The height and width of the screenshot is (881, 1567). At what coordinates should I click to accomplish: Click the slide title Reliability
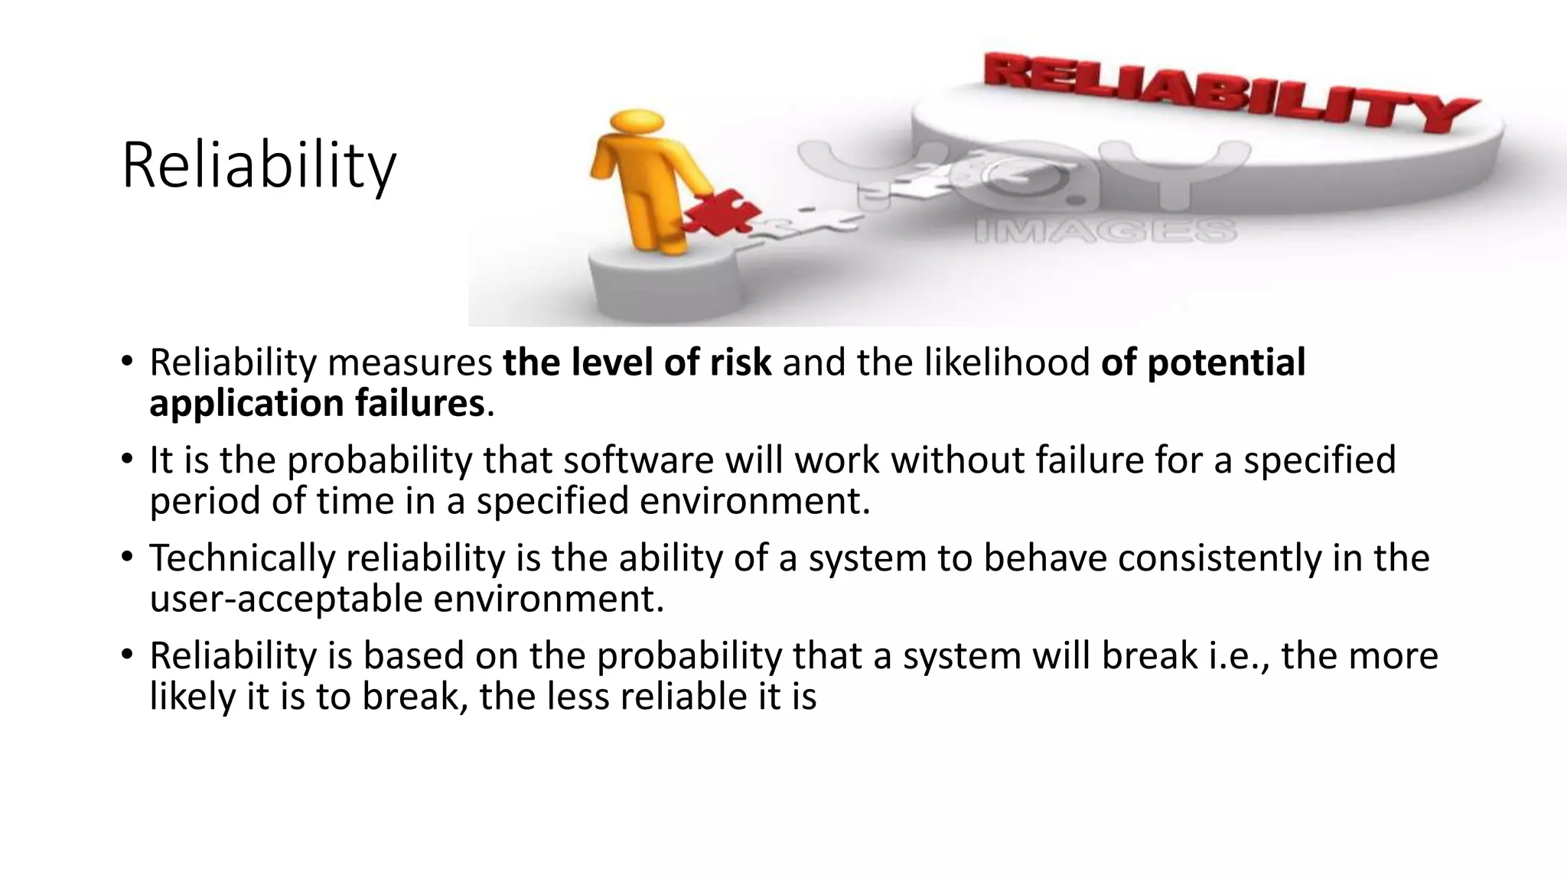tap(259, 166)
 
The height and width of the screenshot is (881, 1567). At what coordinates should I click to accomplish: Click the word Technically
tap(242, 558)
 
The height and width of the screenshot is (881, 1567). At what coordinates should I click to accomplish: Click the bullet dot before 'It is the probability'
tap(127, 460)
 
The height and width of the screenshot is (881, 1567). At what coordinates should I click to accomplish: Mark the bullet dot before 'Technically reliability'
tap(127, 558)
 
